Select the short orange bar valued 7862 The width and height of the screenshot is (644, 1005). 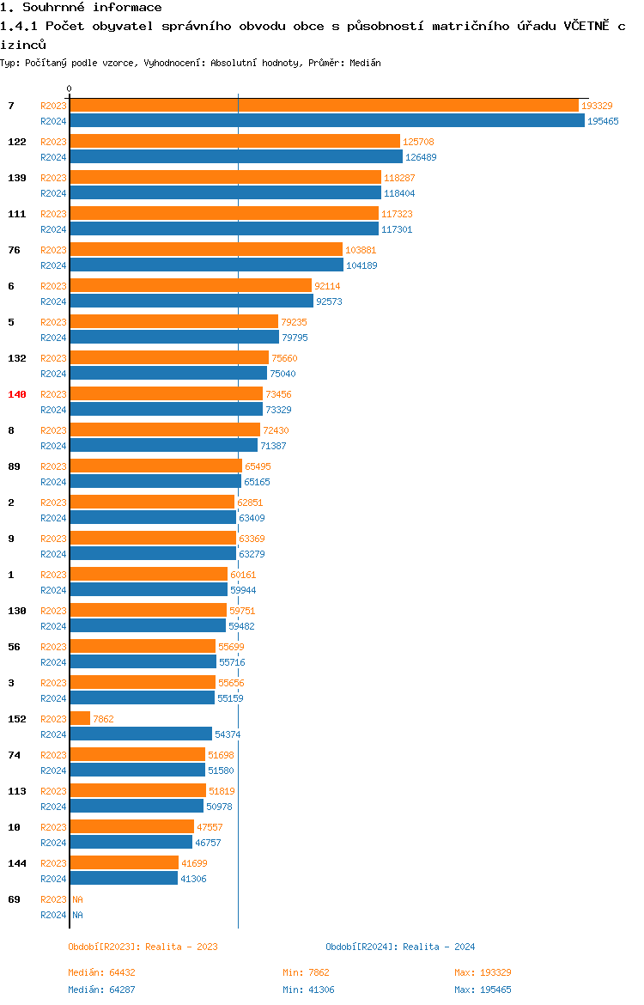[x=80, y=718]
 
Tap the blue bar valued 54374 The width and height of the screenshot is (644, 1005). [x=141, y=734]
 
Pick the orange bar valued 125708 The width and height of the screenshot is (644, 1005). [x=234, y=141]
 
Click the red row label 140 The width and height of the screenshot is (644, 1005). [x=17, y=394]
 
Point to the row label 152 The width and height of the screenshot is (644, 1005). [x=17, y=719]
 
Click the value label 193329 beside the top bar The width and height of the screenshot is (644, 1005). [x=597, y=106]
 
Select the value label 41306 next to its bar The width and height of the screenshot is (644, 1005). [x=193, y=879]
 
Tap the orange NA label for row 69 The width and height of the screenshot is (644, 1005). [x=77, y=899]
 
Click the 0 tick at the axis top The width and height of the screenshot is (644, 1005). [x=70, y=88]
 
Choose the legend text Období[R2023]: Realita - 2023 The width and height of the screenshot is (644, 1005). [x=143, y=947]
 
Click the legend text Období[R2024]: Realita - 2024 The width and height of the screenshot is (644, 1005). [x=400, y=947]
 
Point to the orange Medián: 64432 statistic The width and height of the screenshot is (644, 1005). [x=101, y=972]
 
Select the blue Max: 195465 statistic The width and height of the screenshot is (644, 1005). [x=483, y=990]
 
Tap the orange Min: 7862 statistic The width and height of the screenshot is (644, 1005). [x=306, y=972]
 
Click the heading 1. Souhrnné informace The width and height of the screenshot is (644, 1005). [x=81, y=8]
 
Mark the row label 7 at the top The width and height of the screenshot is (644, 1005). [x=11, y=106]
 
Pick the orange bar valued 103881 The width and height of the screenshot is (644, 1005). [x=206, y=249]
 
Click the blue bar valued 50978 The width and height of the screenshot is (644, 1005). [x=137, y=806]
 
